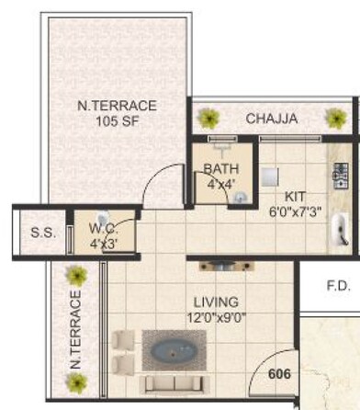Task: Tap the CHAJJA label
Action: coord(271,119)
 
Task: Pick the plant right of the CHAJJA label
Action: coord(333,118)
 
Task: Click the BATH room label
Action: coord(220,169)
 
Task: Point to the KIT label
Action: coord(295,196)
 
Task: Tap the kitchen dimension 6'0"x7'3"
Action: coord(295,211)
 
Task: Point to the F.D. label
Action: coord(338,287)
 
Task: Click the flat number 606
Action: coord(280,374)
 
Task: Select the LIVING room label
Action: coord(216,302)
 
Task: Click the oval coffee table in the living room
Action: coord(174,352)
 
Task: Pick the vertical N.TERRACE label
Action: coord(74,331)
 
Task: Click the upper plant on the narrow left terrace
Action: coord(75,274)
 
